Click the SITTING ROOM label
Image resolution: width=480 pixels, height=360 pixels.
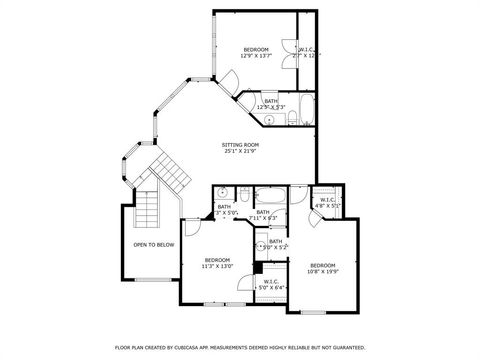click(239, 148)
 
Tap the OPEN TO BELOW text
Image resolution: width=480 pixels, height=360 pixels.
click(153, 244)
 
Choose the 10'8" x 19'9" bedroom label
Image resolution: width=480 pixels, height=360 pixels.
click(322, 268)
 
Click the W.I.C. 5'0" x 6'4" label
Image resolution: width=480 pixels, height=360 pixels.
click(271, 284)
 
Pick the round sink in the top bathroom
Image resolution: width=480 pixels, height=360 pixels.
click(268, 119)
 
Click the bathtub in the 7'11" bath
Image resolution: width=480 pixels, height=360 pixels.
click(270, 196)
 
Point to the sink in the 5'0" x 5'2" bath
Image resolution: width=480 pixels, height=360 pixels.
click(261, 245)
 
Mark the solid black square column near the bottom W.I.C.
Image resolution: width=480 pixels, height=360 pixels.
click(257, 267)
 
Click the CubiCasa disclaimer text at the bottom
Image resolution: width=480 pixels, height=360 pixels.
click(240, 347)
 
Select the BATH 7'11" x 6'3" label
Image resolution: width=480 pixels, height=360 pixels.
click(263, 214)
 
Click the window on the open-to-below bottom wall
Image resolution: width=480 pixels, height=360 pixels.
click(150, 278)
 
